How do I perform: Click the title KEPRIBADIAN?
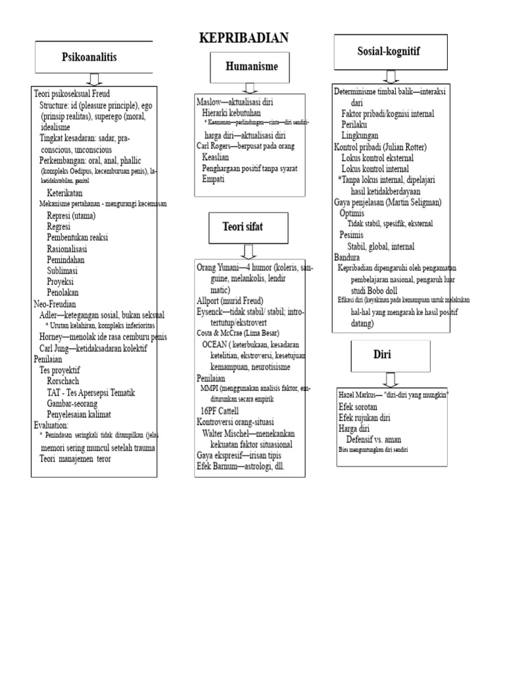click(244, 38)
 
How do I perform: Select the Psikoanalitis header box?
click(90, 57)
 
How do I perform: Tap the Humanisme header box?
click(251, 66)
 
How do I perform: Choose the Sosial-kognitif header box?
click(390, 51)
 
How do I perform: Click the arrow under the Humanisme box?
click(250, 88)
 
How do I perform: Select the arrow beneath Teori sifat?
click(249, 250)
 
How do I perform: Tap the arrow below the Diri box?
click(391, 379)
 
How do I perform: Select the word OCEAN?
click(215, 344)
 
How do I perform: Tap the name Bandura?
click(347, 257)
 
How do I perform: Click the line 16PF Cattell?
click(219, 411)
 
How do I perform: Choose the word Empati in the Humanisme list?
click(213, 179)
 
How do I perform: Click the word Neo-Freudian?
click(55, 304)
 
